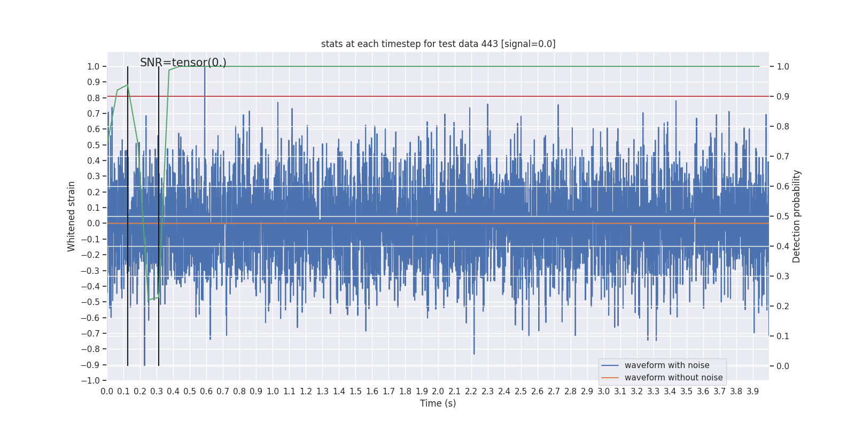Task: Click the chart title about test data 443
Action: coord(438,44)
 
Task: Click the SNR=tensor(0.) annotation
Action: coord(183,63)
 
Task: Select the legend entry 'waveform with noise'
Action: coord(667,365)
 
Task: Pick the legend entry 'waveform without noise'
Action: coord(673,378)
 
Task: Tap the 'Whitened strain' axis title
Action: coord(72,216)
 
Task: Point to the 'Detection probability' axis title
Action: coord(797,216)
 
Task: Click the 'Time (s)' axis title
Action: coord(438,403)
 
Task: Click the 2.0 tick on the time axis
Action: coord(438,392)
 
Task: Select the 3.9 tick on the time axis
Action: coord(753,392)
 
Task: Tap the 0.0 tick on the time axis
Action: coord(107,392)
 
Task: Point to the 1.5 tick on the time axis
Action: coord(355,392)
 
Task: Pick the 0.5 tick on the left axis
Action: coord(94,145)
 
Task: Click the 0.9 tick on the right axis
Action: coord(783,97)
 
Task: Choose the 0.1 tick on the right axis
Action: coord(783,337)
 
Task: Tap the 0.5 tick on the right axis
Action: coord(783,217)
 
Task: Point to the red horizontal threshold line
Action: coord(481,97)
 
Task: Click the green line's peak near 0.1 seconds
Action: coord(128,85)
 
